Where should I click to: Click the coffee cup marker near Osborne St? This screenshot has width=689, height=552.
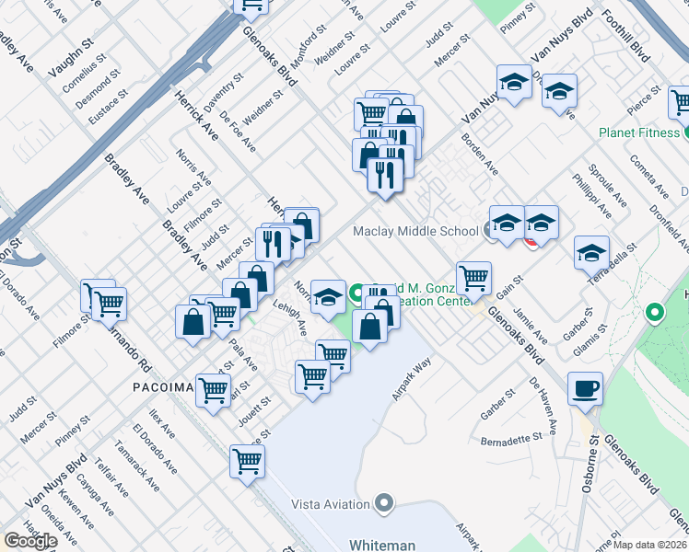coord(585,388)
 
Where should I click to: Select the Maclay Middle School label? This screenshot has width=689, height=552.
coord(415,231)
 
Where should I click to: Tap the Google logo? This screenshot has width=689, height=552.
coord(29,541)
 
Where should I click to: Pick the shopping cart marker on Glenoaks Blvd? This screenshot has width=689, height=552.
coord(473,276)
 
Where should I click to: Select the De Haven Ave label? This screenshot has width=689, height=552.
coord(543,406)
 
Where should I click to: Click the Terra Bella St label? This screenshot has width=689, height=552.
coord(614,261)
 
